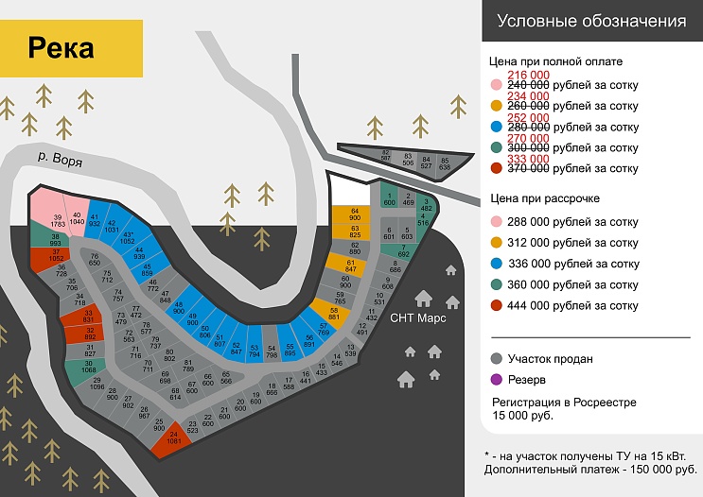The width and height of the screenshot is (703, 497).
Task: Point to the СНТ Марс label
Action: click(416, 318)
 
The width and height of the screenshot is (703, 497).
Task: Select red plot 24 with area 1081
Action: click(173, 438)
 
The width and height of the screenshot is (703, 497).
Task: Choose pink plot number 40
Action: click(77, 216)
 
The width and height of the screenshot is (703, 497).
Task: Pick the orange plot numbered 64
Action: click(355, 214)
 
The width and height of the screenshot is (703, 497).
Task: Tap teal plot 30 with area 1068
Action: click(88, 368)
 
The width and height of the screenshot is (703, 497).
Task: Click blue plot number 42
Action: click(113, 225)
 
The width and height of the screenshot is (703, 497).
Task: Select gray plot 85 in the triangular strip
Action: click(445, 163)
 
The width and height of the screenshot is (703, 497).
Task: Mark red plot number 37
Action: click(56, 256)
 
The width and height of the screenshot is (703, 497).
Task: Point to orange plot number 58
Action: click(334, 314)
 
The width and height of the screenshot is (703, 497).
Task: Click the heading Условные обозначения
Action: click(591, 22)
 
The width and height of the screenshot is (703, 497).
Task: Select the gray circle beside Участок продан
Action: click(497, 359)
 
